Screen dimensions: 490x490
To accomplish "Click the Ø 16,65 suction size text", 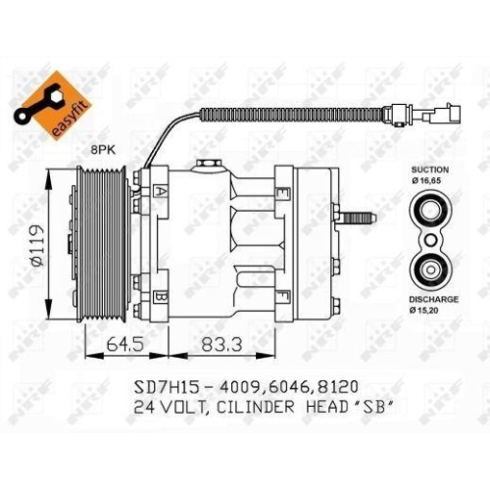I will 430,181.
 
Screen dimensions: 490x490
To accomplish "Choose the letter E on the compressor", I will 281,194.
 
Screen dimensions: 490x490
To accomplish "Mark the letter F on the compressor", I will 281,295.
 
